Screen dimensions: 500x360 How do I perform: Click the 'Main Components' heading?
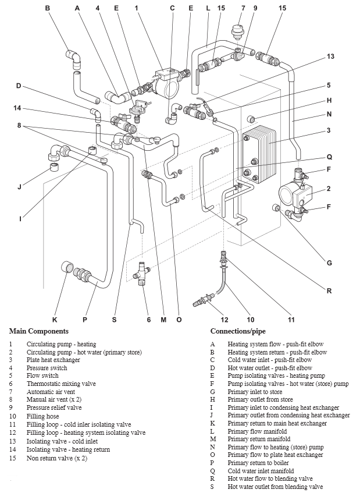tap(38, 331)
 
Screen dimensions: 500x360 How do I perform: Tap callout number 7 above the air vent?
tap(243, 8)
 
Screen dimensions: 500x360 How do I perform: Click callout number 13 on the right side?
tap(330, 56)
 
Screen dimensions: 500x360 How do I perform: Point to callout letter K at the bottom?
tap(55, 319)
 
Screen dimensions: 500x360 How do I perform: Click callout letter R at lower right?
tap(329, 291)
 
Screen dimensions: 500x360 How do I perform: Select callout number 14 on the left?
tap(18, 108)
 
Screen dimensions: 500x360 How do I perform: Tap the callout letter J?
tap(19, 187)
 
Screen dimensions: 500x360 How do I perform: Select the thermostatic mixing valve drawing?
tap(142, 272)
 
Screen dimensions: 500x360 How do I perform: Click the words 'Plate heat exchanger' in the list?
tap(53, 360)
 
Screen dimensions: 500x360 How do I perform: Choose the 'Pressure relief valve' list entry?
tap(54, 408)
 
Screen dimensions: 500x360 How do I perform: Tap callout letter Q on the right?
tap(329, 157)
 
